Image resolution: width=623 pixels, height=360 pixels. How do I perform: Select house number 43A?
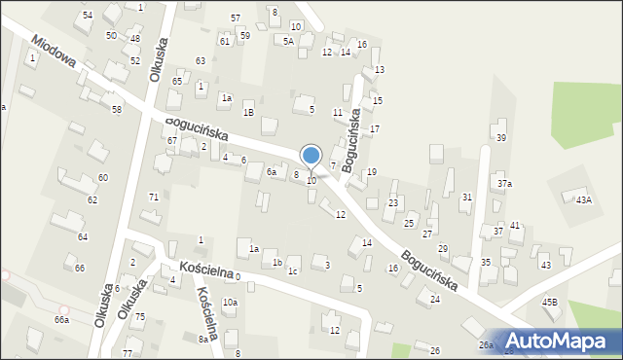coord(583,199)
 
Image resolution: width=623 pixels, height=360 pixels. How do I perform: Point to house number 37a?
coord(504,183)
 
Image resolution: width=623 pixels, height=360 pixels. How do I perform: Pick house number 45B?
coord(550,303)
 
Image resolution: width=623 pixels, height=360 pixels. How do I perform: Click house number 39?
coord(501,138)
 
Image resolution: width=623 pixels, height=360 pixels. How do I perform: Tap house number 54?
coord(88,16)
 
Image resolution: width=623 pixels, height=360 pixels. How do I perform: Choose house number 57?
coord(236,18)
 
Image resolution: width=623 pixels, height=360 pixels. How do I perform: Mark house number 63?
coord(201,61)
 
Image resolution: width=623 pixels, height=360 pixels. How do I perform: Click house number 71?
coord(153,198)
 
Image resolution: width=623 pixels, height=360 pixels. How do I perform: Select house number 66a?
coord(62,320)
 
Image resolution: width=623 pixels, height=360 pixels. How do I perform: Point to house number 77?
coord(128,353)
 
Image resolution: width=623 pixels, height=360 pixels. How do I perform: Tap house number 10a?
coord(230,303)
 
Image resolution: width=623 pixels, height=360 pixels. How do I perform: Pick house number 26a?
coord(486,345)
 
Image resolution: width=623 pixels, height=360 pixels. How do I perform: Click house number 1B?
coord(248,113)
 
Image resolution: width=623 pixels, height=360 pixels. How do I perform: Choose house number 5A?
coord(288,41)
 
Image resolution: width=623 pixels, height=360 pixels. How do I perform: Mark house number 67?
coord(171,141)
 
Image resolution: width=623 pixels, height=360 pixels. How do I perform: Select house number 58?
coord(117,110)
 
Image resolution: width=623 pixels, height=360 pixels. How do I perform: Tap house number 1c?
coord(292,271)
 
